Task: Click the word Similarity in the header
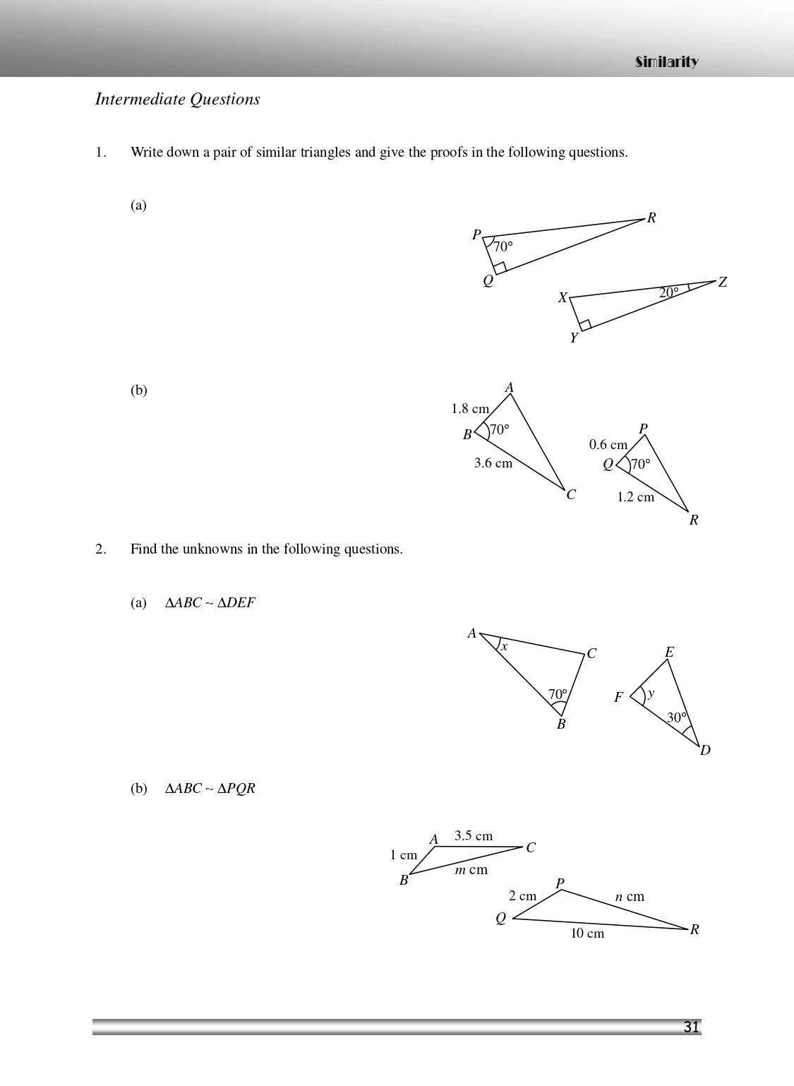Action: pos(666,62)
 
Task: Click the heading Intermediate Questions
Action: pos(177,100)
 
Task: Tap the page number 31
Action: pos(691,1027)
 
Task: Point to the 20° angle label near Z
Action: pos(668,292)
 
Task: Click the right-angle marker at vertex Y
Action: pos(585,326)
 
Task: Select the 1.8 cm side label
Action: pos(470,409)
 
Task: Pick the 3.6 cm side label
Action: pos(493,463)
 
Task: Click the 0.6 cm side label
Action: pos(608,445)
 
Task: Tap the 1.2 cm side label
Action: pos(635,497)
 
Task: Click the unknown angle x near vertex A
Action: pos(504,647)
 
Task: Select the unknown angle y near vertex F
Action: pos(651,693)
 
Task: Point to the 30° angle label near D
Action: pos(677,717)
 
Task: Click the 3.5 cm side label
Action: pos(474,836)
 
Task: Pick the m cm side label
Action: pos(471,870)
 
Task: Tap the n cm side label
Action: pos(630,897)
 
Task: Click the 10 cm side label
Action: pos(587,933)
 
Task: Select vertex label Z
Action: pos(722,282)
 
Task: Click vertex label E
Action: pos(669,652)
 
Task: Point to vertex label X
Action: pos(563,298)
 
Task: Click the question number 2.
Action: pos(101,549)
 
